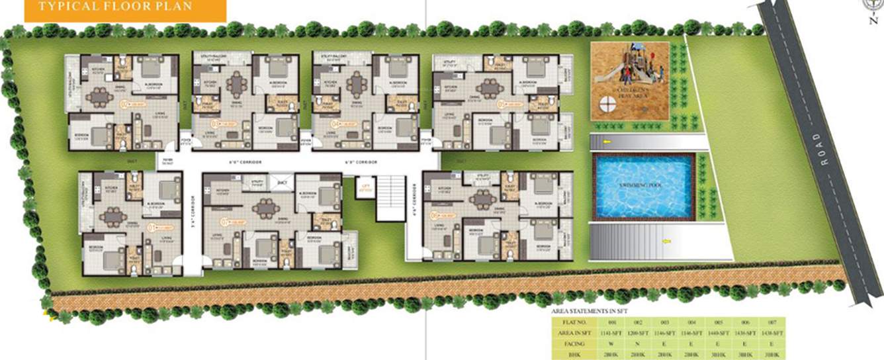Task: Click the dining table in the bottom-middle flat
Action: pos(266,208)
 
